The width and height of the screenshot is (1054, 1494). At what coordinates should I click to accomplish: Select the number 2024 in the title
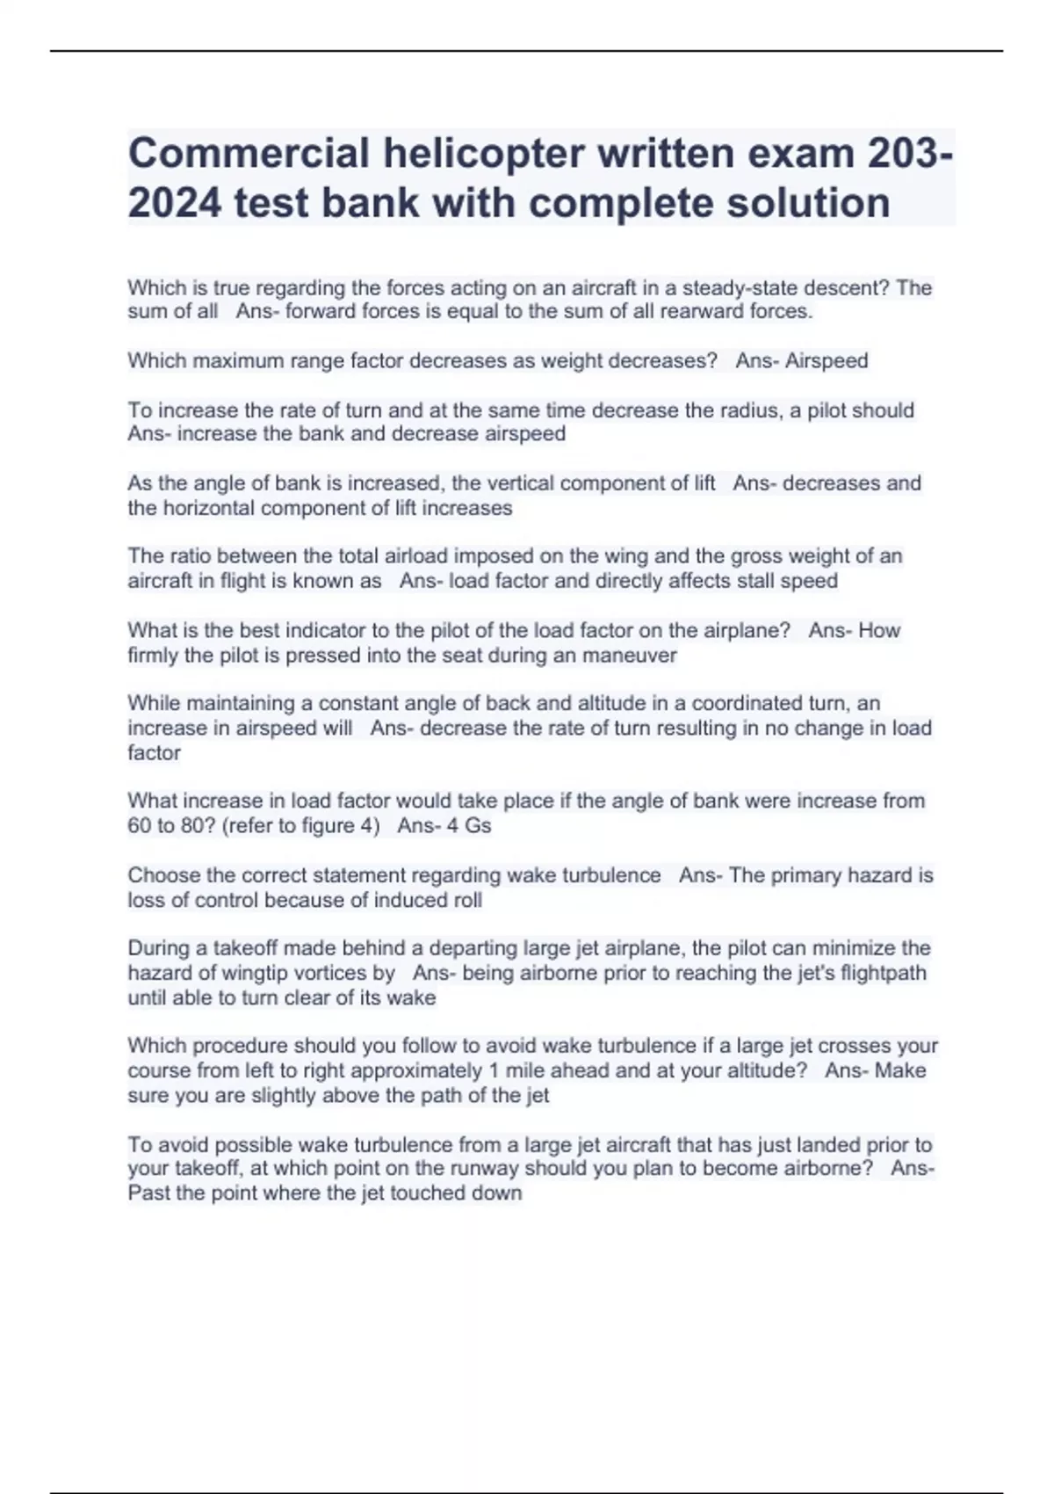[174, 203]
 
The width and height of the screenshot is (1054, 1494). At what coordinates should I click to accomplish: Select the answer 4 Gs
[469, 826]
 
